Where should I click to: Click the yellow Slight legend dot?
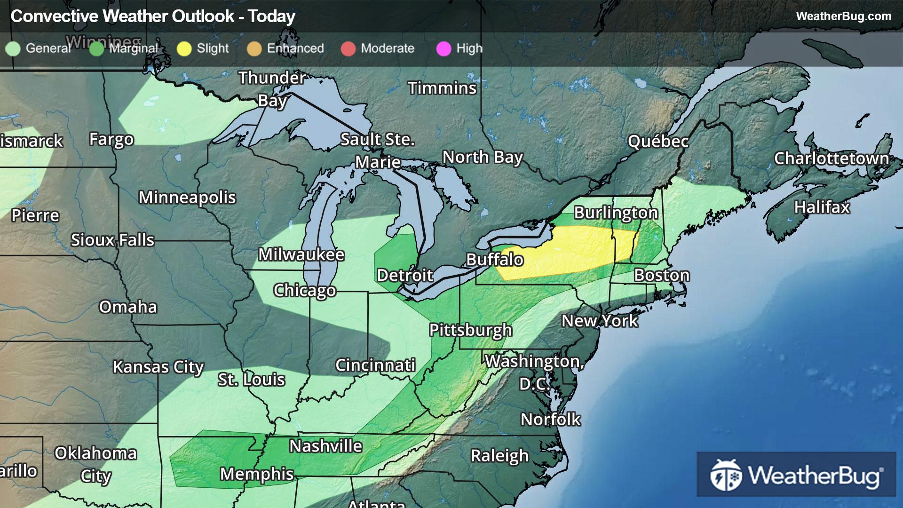click(x=184, y=48)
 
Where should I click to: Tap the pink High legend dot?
click(x=444, y=48)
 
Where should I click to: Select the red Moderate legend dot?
click(x=348, y=48)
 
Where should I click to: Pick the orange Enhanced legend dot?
click(x=254, y=48)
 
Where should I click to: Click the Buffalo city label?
click(x=494, y=260)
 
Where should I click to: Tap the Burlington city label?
click(x=615, y=213)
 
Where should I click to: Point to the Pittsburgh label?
click(x=470, y=330)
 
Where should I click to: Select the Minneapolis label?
click(x=187, y=198)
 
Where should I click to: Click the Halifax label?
click(x=822, y=207)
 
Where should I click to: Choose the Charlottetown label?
click(x=831, y=159)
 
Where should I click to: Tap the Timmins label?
click(x=442, y=88)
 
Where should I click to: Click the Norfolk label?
click(x=550, y=419)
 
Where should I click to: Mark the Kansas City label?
click(x=158, y=366)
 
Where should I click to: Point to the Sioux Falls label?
click(x=112, y=240)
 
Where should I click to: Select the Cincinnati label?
click(x=375, y=365)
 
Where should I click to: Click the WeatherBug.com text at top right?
click(x=843, y=16)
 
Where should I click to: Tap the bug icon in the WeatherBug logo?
click(x=726, y=475)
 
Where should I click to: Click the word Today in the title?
click(x=271, y=16)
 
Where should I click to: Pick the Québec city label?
click(x=657, y=141)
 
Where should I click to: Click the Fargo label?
click(x=111, y=139)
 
